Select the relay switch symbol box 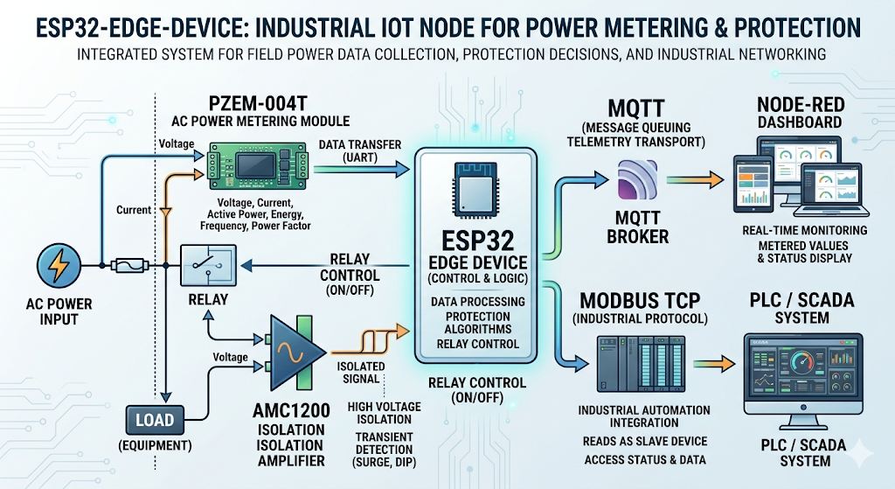(x=208, y=265)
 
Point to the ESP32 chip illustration (x=478, y=190)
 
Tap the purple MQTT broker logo (x=637, y=180)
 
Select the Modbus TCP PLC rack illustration (x=641, y=363)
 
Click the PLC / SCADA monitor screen (x=803, y=374)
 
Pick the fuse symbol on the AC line (x=129, y=266)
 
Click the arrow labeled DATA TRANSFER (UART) (x=362, y=169)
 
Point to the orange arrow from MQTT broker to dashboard (x=695, y=180)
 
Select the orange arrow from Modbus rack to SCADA (x=714, y=363)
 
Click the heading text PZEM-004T (x=258, y=104)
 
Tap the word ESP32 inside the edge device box (x=478, y=241)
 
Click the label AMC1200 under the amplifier (x=291, y=411)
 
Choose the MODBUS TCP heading (x=640, y=300)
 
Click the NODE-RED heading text (x=801, y=105)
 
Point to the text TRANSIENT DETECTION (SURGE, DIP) (x=385, y=450)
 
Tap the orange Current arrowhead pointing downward (x=165, y=213)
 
